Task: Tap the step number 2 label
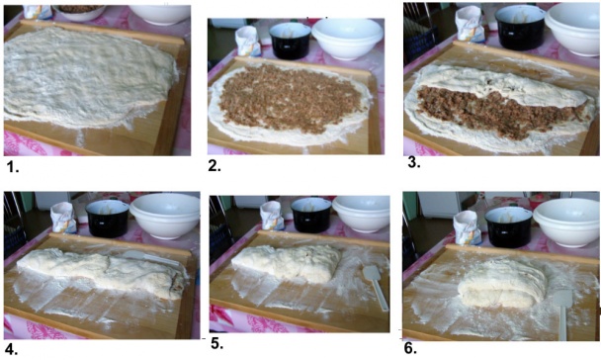(x=215, y=168)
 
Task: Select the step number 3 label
(x=413, y=162)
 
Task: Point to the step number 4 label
(x=11, y=349)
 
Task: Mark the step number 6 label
(x=410, y=348)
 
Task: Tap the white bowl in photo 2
(x=347, y=37)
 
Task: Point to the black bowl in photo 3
(x=519, y=29)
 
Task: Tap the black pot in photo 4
(x=107, y=219)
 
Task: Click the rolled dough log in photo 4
(x=99, y=272)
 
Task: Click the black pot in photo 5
(x=310, y=215)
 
